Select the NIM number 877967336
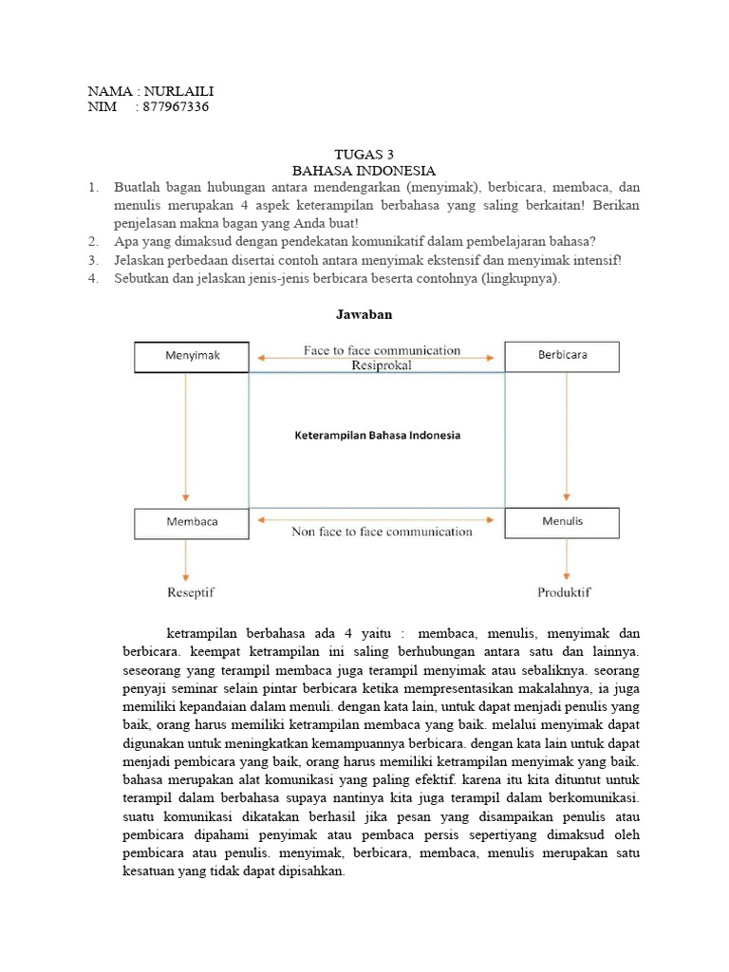click(x=175, y=107)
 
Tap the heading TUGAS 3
click(x=364, y=154)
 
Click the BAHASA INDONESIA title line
click(x=364, y=171)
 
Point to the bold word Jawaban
click(x=364, y=312)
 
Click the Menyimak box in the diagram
click(x=192, y=356)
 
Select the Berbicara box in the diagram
click(x=562, y=356)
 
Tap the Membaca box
click(x=192, y=522)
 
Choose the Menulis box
click(x=562, y=522)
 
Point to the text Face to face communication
click(x=382, y=350)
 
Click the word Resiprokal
click(x=382, y=365)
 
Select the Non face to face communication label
click(x=382, y=532)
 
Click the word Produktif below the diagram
click(x=564, y=592)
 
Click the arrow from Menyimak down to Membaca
click(x=186, y=437)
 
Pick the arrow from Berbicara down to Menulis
click(x=567, y=437)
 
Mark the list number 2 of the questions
click(x=93, y=241)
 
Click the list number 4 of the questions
click(x=93, y=277)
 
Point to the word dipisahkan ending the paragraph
click(x=309, y=870)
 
